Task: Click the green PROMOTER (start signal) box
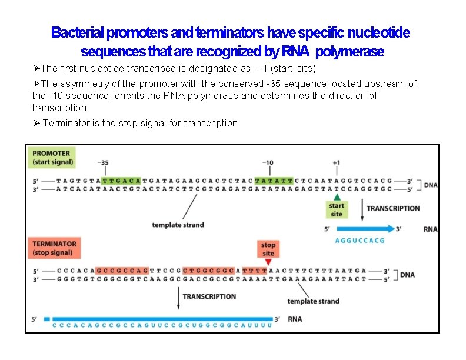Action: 53,158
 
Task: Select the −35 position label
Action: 103,163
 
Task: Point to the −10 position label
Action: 268,163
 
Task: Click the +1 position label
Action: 336,163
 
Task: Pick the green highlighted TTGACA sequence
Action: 121,179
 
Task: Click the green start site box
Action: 337,210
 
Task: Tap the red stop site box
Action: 268,249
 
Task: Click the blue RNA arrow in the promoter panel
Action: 365,229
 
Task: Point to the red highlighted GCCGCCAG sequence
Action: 122,271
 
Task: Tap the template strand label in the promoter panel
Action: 178,225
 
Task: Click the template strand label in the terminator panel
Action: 313,301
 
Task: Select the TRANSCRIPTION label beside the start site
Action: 393,208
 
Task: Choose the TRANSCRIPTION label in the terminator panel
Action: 209,296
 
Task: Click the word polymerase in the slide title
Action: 349,52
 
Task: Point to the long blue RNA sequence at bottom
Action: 162,325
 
